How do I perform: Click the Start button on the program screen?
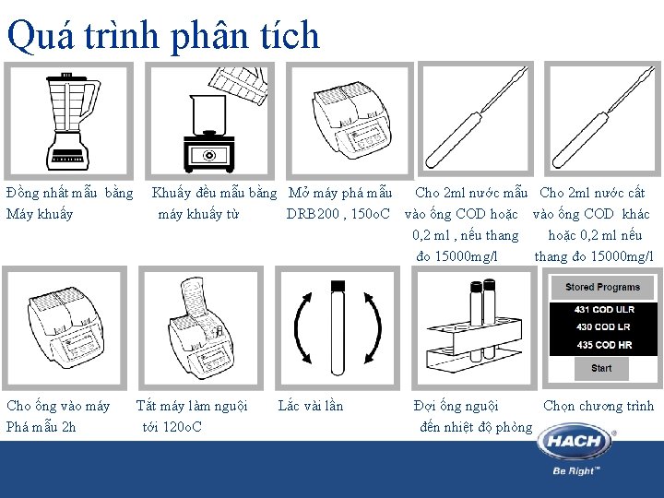point(601,368)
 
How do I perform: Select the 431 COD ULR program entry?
point(604,310)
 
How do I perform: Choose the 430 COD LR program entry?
point(603,326)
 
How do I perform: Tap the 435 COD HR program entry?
point(604,345)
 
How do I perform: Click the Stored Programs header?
point(602,287)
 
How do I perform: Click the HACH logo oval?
point(575,441)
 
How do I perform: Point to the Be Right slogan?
point(576,470)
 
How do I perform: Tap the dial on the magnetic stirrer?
point(208,156)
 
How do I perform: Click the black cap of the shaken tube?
point(338,286)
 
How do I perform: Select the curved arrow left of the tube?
point(302,328)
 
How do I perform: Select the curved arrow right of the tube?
point(373,328)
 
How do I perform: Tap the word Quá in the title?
point(41,37)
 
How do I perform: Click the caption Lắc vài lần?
point(311,406)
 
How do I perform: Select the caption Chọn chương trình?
point(599,406)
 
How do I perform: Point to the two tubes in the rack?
point(482,320)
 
